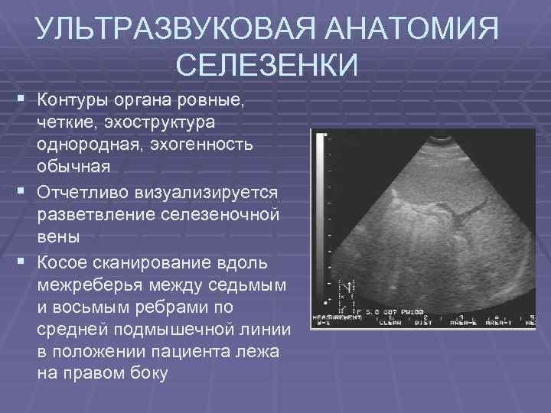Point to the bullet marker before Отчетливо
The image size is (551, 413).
click(x=20, y=189)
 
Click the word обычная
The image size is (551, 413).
click(x=73, y=166)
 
